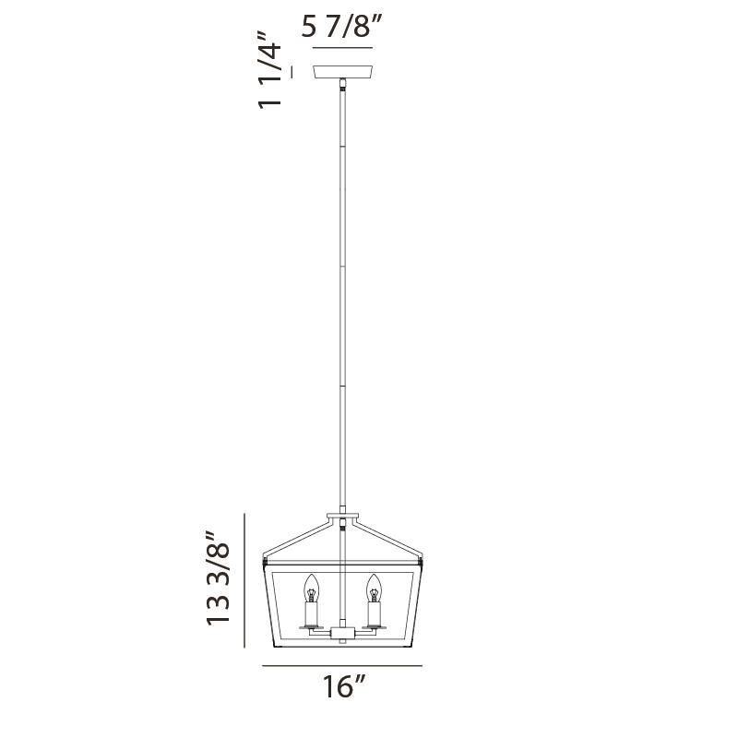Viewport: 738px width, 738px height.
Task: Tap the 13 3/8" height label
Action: [218, 579]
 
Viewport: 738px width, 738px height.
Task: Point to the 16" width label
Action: [342, 688]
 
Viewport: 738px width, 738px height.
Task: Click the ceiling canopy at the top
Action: [342, 72]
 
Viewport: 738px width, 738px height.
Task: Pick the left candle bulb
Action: [311, 586]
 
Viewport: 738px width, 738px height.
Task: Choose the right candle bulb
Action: [374, 586]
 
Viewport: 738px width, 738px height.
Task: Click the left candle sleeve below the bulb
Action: [311, 613]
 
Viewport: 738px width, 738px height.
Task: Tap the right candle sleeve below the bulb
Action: [374, 613]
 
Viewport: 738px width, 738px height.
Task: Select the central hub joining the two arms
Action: [342, 634]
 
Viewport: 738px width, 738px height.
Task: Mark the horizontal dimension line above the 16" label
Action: [342, 665]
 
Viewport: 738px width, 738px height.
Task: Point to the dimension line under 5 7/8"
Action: [342, 47]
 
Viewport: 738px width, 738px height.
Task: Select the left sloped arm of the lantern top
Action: [297, 538]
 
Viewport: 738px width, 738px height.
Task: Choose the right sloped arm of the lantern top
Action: [387, 538]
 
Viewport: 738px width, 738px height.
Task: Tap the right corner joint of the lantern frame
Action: [422, 561]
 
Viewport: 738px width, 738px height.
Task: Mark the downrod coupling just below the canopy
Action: [342, 89]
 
